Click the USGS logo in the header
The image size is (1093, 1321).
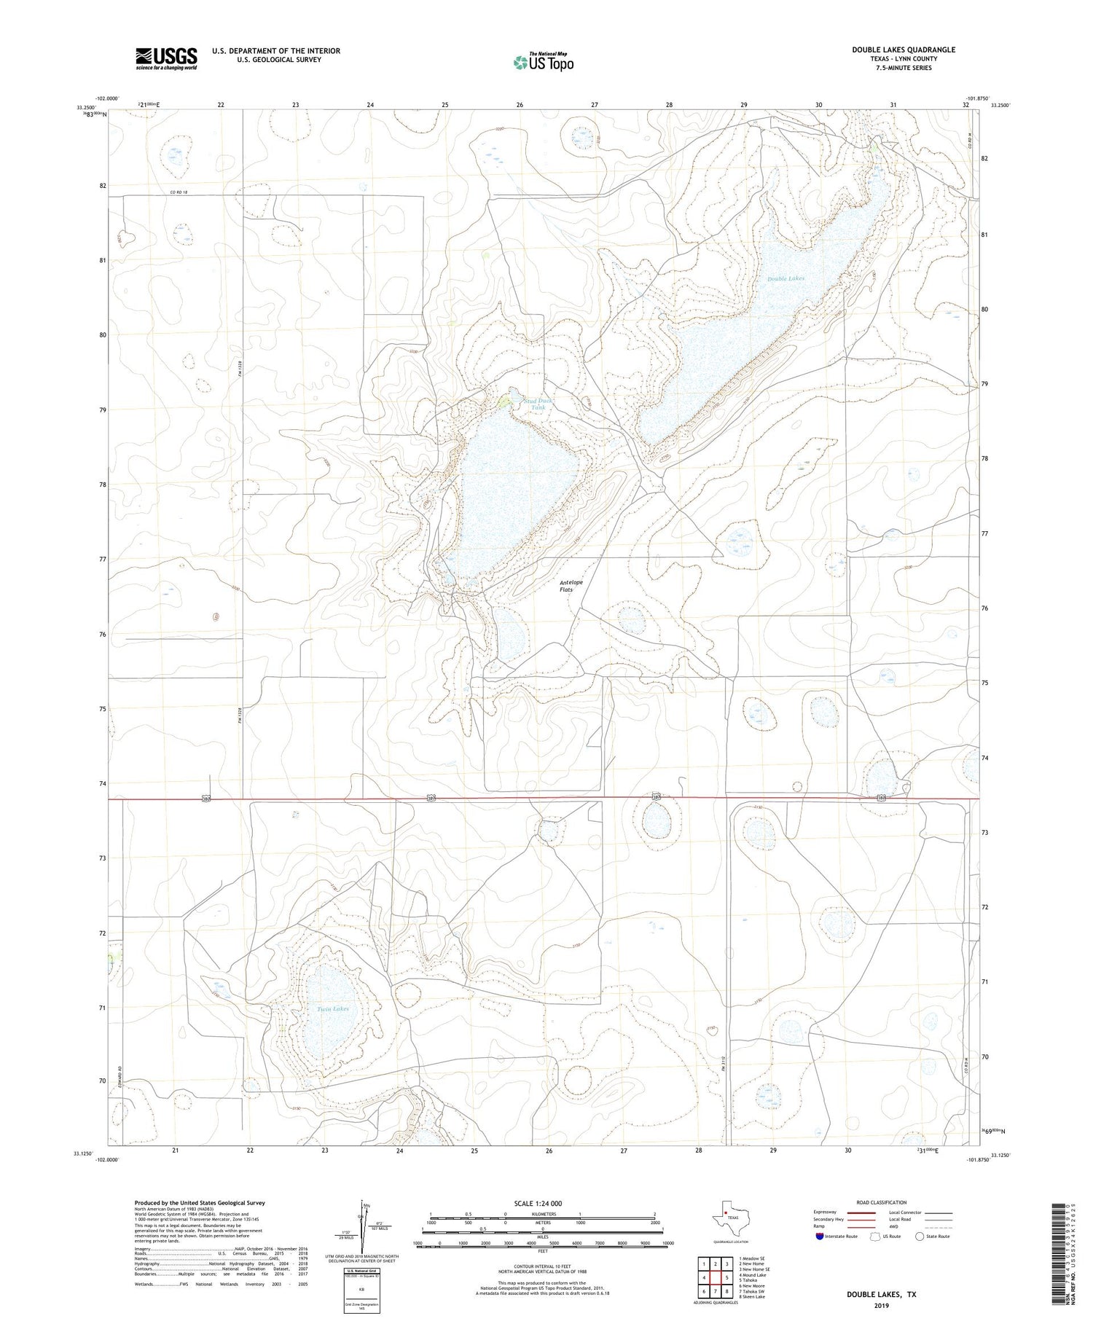pos(166,58)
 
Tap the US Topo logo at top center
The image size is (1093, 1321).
pos(543,63)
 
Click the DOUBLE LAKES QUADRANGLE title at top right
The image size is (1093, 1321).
pos(893,50)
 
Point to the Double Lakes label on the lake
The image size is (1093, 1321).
pos(786,278)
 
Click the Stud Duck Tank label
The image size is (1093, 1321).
pos(538,404)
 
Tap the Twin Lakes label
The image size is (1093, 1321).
pos(333,1009)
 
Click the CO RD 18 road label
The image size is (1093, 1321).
pos(179,192)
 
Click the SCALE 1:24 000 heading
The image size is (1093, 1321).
pos(543,1203)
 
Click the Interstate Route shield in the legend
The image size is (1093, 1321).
pos(820,1236)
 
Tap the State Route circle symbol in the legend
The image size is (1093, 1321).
pos(920,1236)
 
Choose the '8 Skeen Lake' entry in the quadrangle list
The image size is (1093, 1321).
pos(751,1297)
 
